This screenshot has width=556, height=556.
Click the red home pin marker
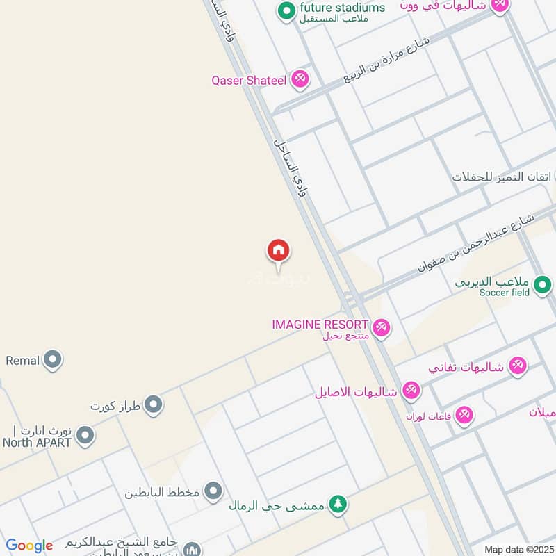pos(279,251)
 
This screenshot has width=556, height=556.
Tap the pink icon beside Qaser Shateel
pos(300,79)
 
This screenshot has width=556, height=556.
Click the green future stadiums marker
pos(286,10)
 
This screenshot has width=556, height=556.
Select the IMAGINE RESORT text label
pos(320,325)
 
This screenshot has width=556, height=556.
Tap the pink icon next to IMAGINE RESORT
pos(381,327)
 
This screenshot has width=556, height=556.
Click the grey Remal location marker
pos(53,360)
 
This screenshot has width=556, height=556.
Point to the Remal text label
pos(22,361)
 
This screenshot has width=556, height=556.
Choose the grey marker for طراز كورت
pos(154,404)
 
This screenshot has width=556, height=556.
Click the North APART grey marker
pos(85,436)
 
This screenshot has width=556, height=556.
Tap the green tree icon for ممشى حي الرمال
pos(338,504)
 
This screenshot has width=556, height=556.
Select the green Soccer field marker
pos(543,284)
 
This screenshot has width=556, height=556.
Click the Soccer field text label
pos(505,293)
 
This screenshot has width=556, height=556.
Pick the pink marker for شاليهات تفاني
pos(517,365)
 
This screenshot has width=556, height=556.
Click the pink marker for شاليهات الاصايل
pos(411,391)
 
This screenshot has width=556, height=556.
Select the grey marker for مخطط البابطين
pos(213,492)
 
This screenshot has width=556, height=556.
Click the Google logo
pos(29,546)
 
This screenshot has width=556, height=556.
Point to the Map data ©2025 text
pos(518,549)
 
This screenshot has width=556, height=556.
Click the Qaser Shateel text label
pos(249,81)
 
